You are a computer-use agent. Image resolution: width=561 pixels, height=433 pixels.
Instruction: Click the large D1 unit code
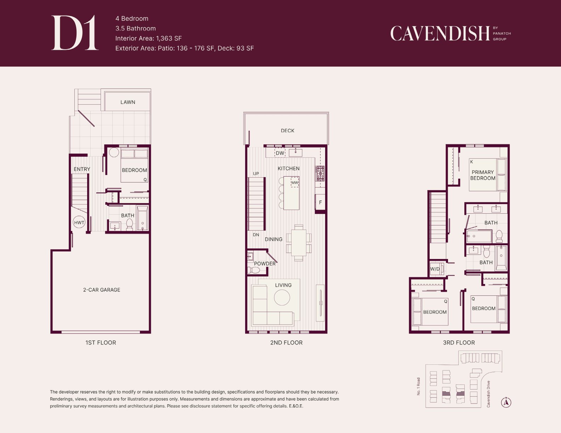point(75,33)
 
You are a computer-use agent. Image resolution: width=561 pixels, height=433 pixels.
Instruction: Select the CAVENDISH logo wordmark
point(440,34)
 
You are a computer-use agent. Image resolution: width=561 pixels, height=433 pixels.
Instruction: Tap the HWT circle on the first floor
point(79,222)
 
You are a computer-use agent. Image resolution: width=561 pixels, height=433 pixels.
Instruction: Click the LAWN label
point(128,102)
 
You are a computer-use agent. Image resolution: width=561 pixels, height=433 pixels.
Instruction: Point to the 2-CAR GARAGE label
point(102,290)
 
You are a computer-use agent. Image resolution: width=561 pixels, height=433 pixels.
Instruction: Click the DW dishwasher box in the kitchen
point(280,153)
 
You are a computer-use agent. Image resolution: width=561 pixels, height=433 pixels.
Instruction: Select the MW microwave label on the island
point(295,183)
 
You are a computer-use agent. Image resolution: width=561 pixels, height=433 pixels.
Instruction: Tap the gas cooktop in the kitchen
point(320,174)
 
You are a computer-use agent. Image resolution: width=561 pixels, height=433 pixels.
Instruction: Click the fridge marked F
point(320,202)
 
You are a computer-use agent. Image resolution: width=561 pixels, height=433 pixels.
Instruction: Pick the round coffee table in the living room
point(282,298)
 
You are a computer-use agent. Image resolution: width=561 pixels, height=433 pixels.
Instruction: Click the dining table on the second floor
point(299,243)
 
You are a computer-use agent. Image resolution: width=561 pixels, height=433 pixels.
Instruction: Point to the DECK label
point(288,131)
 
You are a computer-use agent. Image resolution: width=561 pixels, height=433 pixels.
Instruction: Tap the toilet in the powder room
point(254,270)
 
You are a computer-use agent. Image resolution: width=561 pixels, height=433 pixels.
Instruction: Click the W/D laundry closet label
point(435,269)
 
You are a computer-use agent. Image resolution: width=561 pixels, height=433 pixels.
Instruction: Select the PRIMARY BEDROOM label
point(483,175)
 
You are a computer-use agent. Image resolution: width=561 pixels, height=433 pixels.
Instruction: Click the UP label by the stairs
point(256,174)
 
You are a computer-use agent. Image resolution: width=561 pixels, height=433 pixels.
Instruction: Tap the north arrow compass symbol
point(506,402)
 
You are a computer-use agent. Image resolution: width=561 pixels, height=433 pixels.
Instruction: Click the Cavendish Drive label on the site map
point(488,394)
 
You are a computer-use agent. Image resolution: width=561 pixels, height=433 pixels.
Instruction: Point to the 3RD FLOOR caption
point(459,343)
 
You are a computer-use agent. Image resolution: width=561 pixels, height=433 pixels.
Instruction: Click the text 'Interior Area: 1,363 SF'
point(148,39)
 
